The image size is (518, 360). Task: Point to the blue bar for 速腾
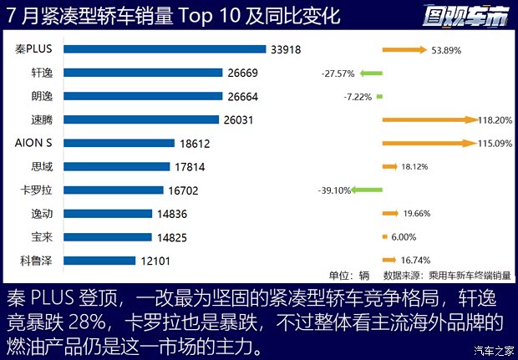140,119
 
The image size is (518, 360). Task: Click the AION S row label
34,143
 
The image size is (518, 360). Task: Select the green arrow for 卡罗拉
365,190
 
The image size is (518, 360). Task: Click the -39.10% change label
334,190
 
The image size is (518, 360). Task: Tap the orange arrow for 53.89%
404,49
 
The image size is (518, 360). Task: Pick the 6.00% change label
404,237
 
